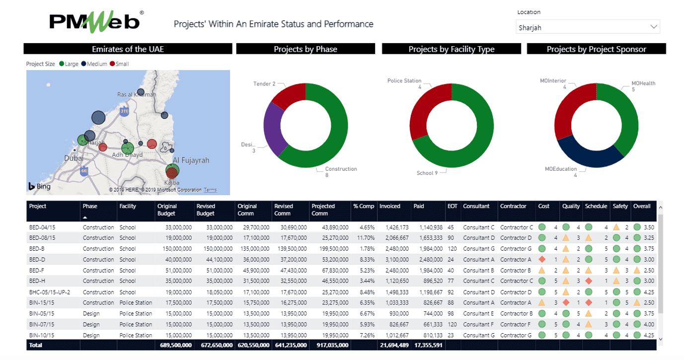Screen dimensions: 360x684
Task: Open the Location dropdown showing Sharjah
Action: (588, 27)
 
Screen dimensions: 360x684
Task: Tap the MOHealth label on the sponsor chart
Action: (643, 83)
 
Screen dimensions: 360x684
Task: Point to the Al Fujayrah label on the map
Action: (191, 160)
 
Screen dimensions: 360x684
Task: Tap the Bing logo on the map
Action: (40, 187)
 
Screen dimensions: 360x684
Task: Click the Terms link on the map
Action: (210, 190)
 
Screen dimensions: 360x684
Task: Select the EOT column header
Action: (452, 206)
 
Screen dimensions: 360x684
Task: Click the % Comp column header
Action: (363, 206)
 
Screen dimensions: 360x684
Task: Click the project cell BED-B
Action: (37, 249)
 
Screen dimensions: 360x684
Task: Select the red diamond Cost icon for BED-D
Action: (542, 260)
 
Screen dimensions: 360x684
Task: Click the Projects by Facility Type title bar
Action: (451, 49)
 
